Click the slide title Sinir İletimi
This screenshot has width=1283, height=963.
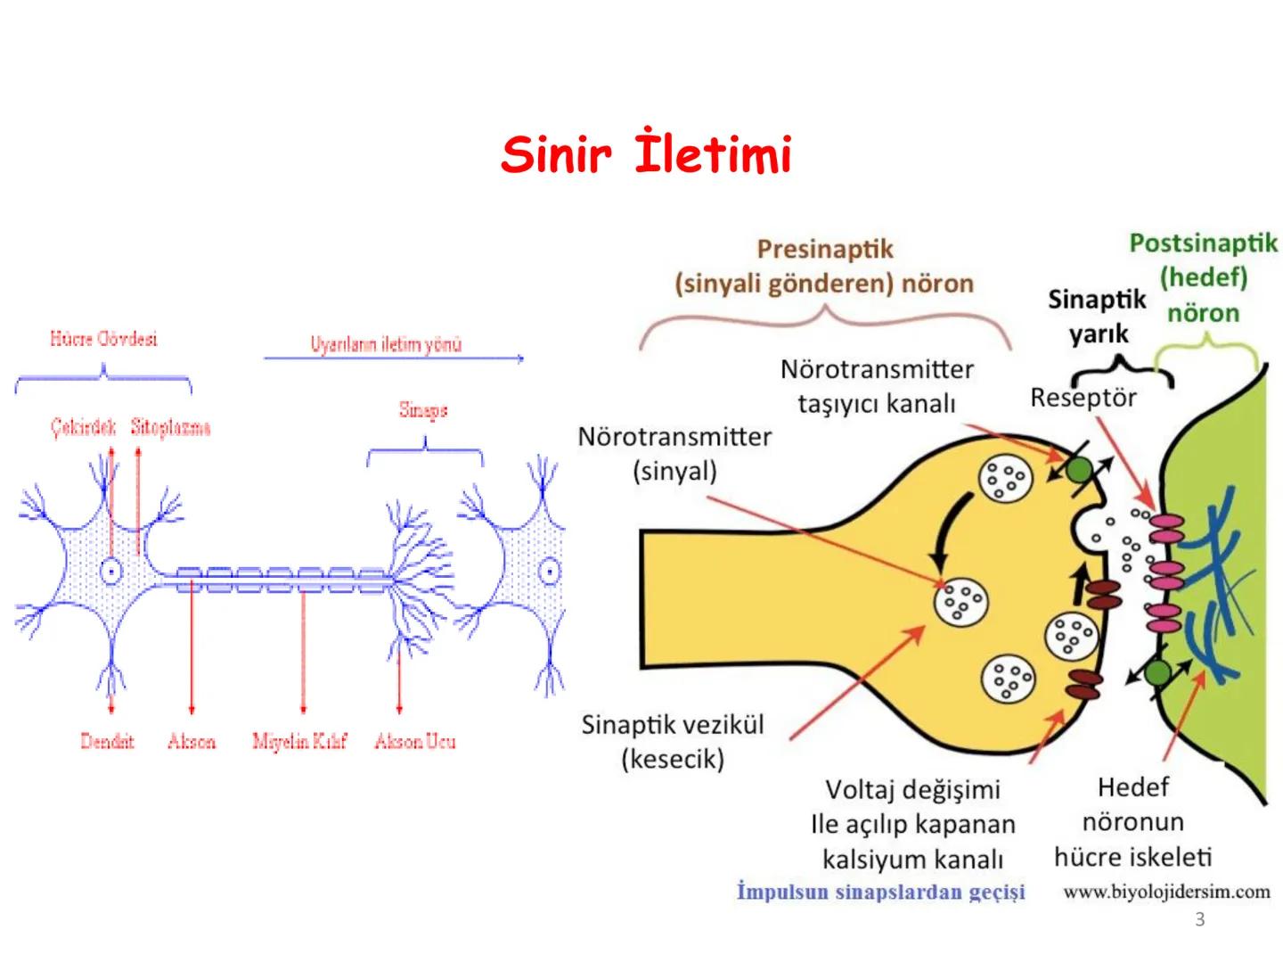[x=646, y=154]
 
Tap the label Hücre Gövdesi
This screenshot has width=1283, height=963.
[x=103, y=339]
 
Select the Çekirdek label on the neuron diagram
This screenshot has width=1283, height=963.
[x=83, y=427]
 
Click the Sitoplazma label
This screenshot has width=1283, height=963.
[x=170, y=427]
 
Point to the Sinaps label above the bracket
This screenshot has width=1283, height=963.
[x=423, y=410]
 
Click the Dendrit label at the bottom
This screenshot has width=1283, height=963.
[x=107, y=741]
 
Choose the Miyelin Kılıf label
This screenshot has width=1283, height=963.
[x=299, y=741]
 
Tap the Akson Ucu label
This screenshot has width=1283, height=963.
[x=415, y=741]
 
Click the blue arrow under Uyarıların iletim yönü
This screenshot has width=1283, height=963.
[x=392, y=358]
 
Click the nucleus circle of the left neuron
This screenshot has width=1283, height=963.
[x=111, y=570]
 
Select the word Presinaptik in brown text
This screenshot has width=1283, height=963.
[x=824, y=249]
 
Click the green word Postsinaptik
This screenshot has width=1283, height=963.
[x=1203, y=243]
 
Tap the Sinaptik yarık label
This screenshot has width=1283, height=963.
[x=1097, y=316]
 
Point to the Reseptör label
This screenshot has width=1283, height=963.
[x=1083, y=397]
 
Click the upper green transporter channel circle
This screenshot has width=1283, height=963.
[x=1079, y=470]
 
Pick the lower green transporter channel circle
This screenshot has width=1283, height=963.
[x=1157, y=672]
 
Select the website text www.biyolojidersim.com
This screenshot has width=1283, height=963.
[x=1166, y=892]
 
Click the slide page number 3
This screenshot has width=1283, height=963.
[x=1199, y=919]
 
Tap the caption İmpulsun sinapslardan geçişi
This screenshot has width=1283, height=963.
[x=880, y=892]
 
